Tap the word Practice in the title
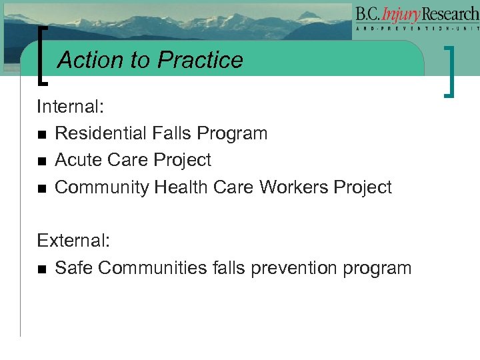200,60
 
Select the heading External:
69,241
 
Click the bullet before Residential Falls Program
43,134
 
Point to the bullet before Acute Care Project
43,161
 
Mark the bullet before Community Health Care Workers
43,189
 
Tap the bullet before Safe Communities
43,269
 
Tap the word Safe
74,268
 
